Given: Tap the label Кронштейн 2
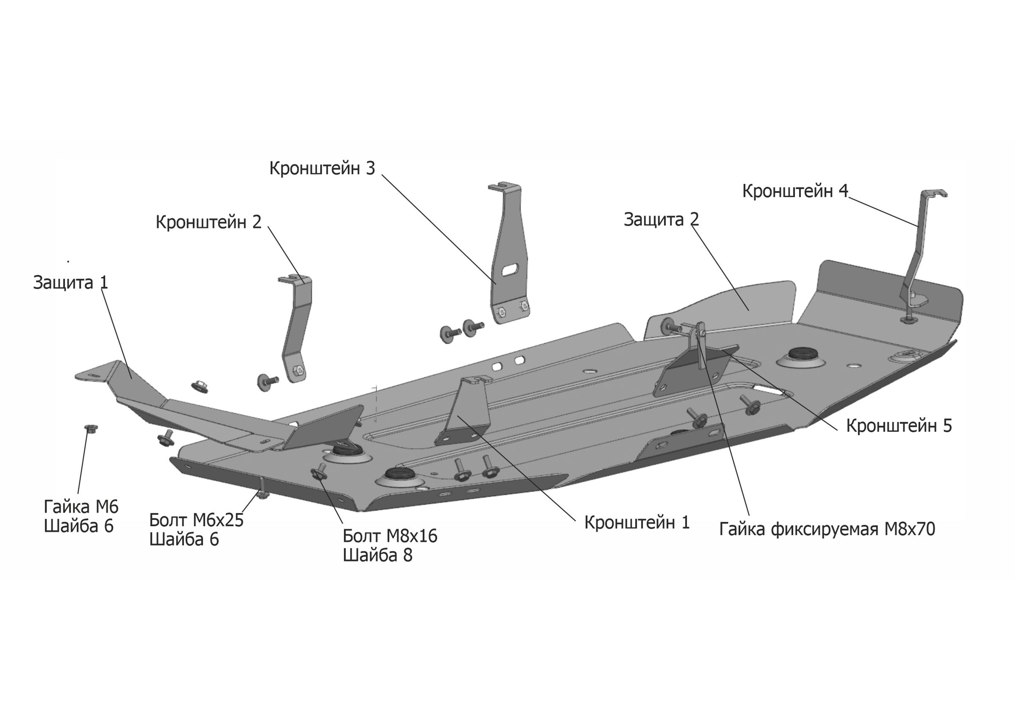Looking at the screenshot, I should (208, 222).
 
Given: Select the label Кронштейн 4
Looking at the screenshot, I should (795, 191).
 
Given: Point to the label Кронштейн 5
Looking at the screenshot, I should (899, 426).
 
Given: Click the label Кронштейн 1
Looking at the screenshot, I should (637, 523).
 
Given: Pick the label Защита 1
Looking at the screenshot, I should (70, 283).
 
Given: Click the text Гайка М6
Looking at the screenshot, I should (81, 507).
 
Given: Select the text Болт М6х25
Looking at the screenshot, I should (196, 520).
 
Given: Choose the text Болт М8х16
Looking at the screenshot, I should (390, 536).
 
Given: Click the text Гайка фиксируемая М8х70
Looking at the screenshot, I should (827, 529).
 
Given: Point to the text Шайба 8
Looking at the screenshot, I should (378, 556).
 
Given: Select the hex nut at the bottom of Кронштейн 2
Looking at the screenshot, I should (298, 370).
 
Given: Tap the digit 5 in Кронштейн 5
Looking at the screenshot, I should (947, 426).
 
